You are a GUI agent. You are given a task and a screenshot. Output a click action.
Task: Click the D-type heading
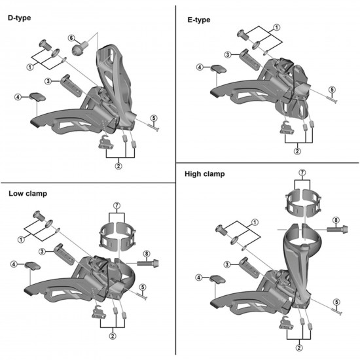[x=19, y=18]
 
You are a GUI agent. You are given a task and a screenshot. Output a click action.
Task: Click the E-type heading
[x=199, y=20]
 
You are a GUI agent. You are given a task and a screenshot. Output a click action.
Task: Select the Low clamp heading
[x=27, y=194]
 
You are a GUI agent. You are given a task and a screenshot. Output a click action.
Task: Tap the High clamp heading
[x=205, y=174]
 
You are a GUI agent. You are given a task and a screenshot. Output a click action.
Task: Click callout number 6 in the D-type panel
[x=71, y=38]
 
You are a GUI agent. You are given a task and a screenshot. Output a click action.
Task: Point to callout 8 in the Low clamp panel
[x=146, y=254]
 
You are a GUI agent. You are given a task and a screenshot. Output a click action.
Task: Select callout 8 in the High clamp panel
[x=336, y=220]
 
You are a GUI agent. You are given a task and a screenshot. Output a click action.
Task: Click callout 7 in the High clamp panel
[x=302, y=172]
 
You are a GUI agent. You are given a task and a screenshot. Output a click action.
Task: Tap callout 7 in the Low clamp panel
[x=117, y=206]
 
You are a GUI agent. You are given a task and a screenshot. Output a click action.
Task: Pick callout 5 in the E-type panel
[x=332, y=90]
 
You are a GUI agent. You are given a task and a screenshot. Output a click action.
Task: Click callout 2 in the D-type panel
[x=118, y=166]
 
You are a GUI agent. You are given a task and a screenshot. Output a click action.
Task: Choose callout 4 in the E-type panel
[x=200, y=67]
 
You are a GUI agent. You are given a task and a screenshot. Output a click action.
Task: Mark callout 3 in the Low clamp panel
[x=42, y=251]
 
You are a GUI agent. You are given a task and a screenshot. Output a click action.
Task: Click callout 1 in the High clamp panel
[x=255, y=223]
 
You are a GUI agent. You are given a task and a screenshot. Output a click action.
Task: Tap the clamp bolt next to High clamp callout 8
[x=337, y=229]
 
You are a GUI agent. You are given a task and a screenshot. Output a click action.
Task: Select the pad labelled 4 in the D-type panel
[x=37, y=97]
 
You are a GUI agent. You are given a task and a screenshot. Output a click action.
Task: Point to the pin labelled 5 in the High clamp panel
[x=337, y=312]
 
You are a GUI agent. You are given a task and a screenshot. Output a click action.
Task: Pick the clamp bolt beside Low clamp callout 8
[x=148, y=262]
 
